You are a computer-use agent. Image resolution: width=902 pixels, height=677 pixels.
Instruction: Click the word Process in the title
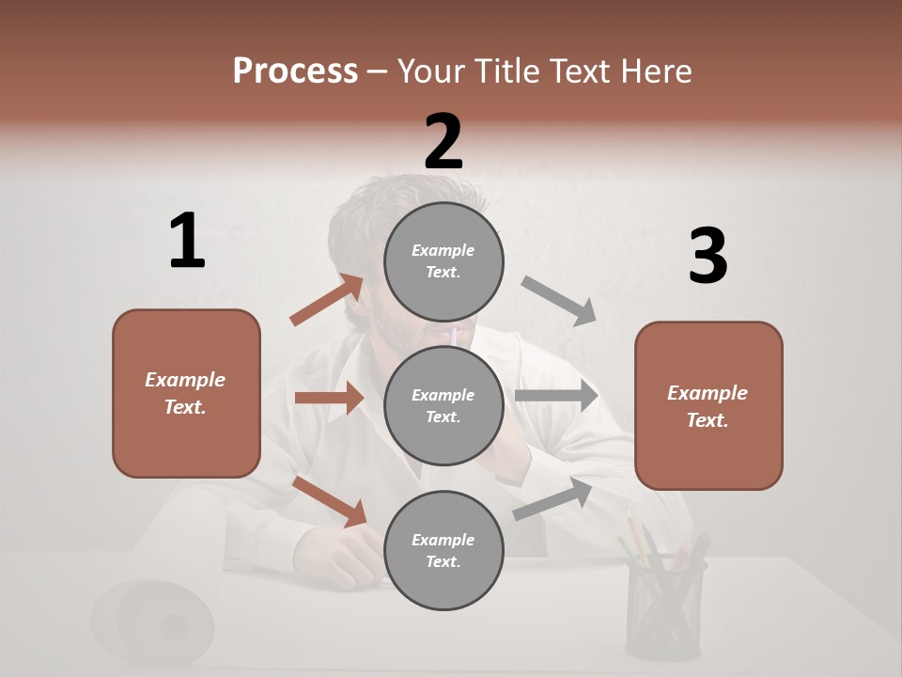[x=295, y=71]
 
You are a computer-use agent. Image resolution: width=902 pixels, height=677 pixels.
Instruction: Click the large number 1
[x=187, y=241]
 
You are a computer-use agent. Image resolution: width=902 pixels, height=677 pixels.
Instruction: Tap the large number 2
[x=443, y=141]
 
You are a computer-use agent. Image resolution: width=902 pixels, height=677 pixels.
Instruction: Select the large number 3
[x=708, y=257]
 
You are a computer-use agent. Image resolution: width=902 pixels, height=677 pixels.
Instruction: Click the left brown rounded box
[x=186, y=393]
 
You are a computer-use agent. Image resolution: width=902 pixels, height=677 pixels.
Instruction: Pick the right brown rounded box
[x=708, y=406]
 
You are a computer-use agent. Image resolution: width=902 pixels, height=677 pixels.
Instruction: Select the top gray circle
[x=443, y=261]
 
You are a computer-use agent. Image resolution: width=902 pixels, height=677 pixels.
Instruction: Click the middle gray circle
[x=443, y=406]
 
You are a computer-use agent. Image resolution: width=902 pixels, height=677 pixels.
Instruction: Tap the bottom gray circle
[x=443, y=551]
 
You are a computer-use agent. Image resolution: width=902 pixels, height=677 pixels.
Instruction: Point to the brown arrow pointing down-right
[x=330, y=500]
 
